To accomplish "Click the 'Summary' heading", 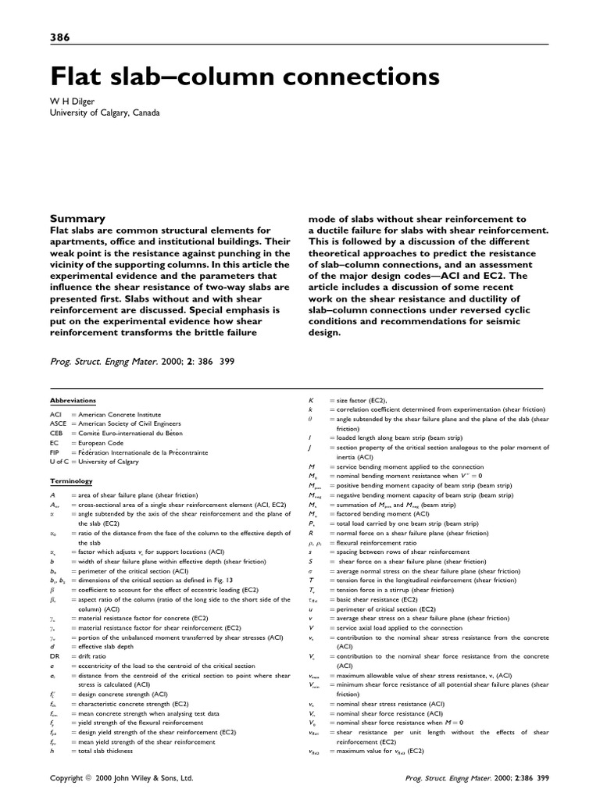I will tap(77, 219).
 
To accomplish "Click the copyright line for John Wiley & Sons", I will tap(121, 779).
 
